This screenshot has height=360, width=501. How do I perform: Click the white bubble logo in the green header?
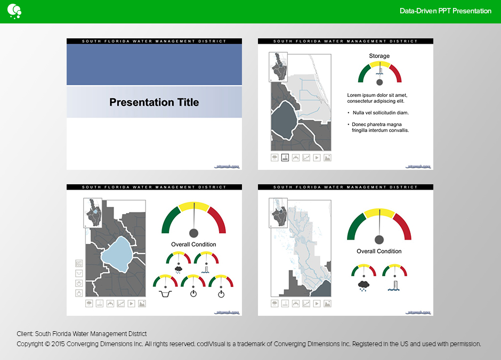14,10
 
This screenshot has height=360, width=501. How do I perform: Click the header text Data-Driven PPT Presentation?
445,11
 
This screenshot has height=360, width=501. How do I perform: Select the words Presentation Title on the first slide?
154,102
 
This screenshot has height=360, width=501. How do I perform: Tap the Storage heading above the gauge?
379,56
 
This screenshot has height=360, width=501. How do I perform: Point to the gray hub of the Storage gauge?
379,83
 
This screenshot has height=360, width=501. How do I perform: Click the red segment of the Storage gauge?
395,73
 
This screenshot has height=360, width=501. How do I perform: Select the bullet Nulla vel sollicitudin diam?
380,113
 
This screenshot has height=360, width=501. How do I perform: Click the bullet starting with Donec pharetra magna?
380,127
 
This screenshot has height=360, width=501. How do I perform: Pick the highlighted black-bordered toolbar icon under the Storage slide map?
285,158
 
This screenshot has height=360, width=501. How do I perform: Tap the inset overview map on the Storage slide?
279,66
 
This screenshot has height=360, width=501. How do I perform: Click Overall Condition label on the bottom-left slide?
193,244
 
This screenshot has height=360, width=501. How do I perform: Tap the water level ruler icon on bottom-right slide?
394,285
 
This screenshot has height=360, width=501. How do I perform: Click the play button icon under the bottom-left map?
131,304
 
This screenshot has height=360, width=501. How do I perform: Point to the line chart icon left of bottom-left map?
79,263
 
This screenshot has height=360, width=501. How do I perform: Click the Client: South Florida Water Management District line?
82,334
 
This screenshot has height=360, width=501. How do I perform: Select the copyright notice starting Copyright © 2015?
248,344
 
